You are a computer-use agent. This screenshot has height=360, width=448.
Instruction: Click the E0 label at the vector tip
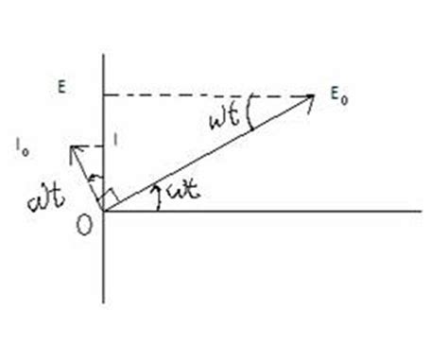coord(334,96)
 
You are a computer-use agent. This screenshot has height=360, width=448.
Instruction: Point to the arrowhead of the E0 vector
coord(310,96)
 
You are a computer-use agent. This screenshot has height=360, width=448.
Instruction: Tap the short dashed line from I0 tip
coord(89,146)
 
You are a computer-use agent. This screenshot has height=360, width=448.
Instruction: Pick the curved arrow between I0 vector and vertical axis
coord(92,179)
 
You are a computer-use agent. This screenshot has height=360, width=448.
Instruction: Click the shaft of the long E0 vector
coord(208,153)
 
